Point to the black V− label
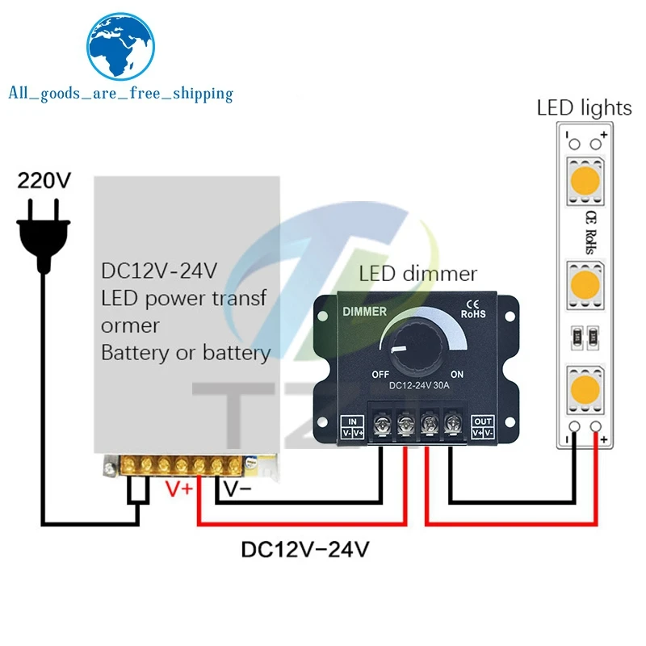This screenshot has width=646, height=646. tap(238, 489)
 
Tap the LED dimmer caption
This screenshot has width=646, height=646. tap(418, 274)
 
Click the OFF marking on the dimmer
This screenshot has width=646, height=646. tap(382, 375)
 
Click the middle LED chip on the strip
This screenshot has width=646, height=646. tap(584, 285)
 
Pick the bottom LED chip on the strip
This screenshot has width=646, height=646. tap(584, 388)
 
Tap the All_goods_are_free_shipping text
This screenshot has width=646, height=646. tap(120, 94)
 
